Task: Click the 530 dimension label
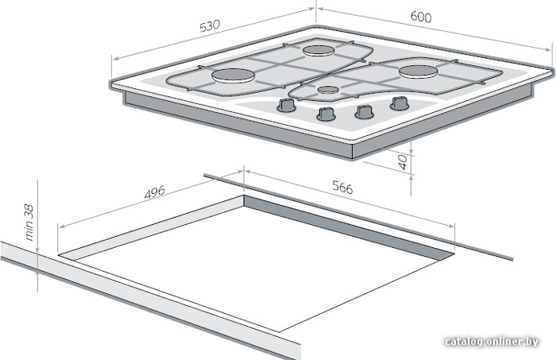tap(210, 26)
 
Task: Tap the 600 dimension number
tap(421, 17)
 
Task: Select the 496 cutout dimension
tap(155, 192)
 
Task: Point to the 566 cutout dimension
tap(342, 187)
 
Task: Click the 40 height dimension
tap(403, 162)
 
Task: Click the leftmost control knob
tap(286, 105)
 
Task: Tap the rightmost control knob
tap(400, 103)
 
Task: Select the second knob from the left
tap(326, 114)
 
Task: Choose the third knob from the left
tap(364, 112)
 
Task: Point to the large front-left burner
tap(233, 76)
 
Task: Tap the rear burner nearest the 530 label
tap(319, 51)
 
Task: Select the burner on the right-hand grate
tap(418, 71)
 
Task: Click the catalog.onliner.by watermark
tap(492, 341)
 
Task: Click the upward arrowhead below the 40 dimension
tap(411, 177)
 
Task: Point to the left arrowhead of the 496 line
tap(61, 226)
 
